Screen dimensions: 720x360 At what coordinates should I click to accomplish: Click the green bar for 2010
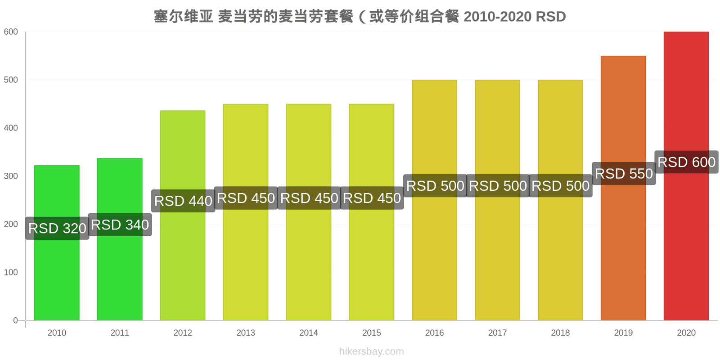[x=57, y=243]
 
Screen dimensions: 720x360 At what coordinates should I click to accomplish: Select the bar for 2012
[x=183, y=216]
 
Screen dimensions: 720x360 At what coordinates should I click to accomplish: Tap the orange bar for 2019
[x=623, y=188]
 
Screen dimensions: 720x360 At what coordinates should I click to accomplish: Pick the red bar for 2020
[x=686, y=176]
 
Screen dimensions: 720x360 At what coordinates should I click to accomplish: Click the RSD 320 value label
[x=57, y=229]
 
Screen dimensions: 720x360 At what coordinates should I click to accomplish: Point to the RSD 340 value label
[x=120, y=225]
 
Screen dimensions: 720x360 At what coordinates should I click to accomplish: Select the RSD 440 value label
[x=183, y=201]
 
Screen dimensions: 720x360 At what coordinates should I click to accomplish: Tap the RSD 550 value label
[x=624, y=174]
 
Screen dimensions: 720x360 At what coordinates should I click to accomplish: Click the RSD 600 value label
[x=687, y=162]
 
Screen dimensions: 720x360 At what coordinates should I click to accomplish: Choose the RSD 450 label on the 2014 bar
[x=309, y=198]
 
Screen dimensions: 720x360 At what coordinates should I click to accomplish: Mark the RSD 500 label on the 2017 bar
[x=498, y=186]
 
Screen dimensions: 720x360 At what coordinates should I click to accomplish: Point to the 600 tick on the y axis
[x=11, y=32]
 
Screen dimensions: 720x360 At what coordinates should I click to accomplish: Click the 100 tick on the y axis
[x=11, y=272]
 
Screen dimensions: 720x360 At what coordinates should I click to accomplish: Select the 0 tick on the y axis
[x=15, y=320]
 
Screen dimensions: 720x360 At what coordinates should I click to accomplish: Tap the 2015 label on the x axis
[x=372, y=333]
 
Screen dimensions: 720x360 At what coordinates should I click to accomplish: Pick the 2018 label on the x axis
[x=560, y=333]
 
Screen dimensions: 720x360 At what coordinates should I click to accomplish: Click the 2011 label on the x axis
[x=120, y=333]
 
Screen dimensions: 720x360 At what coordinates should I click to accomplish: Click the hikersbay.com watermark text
[x=372, y=351]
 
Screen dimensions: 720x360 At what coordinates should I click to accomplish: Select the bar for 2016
[x=435, y=200]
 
